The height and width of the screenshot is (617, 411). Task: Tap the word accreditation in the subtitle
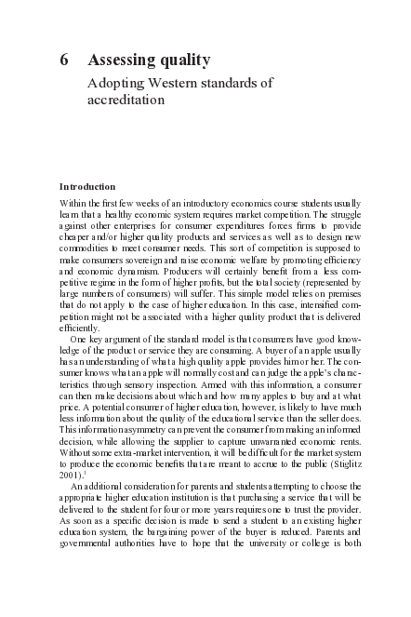pyautogui.click(x=126, y=100)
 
